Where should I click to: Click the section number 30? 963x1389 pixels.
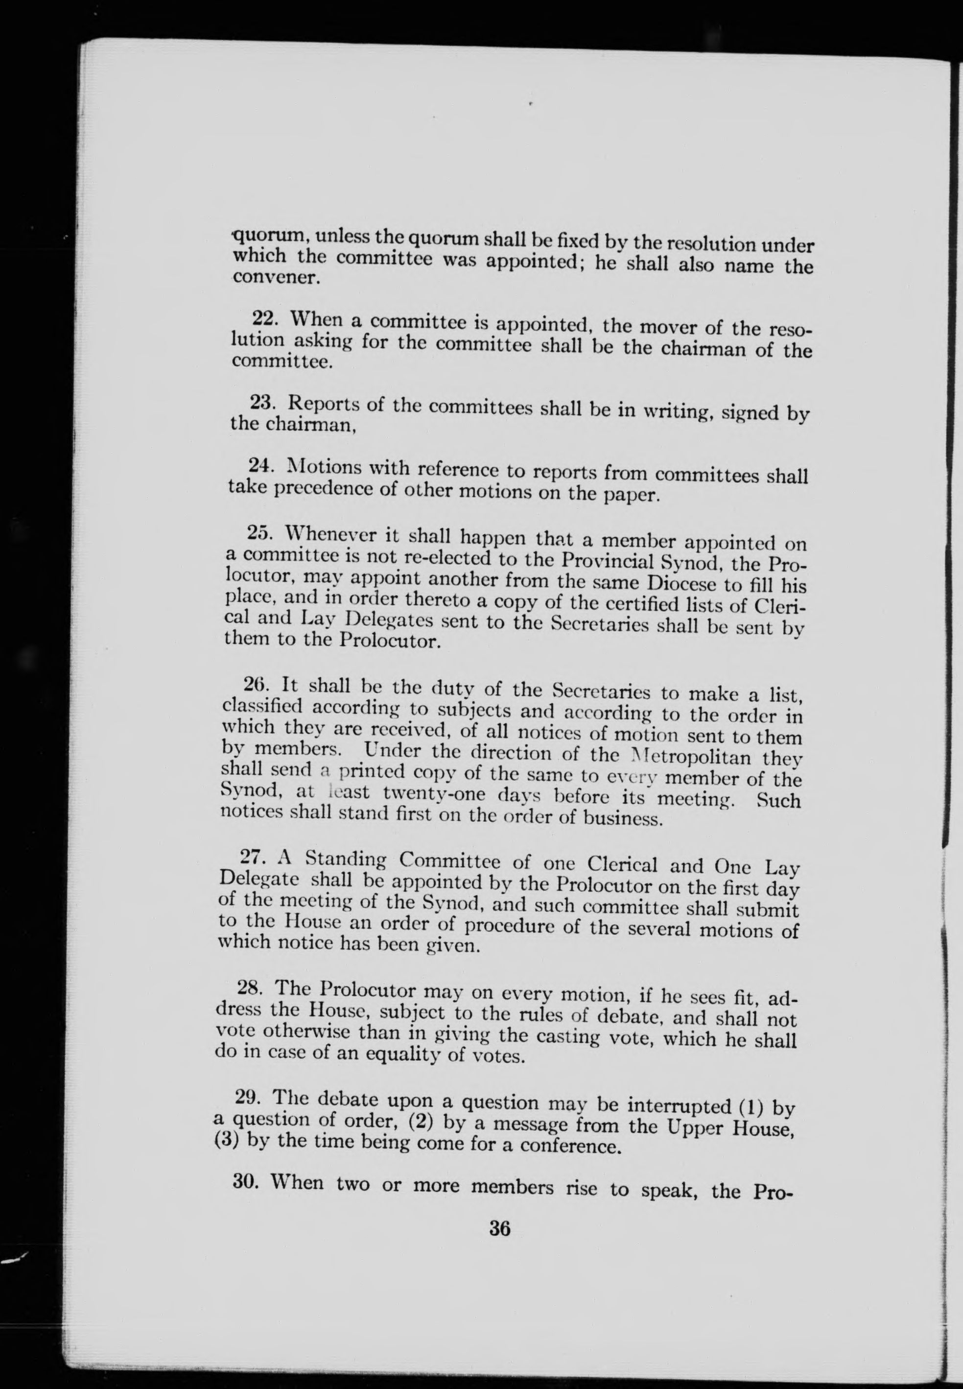246,1181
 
